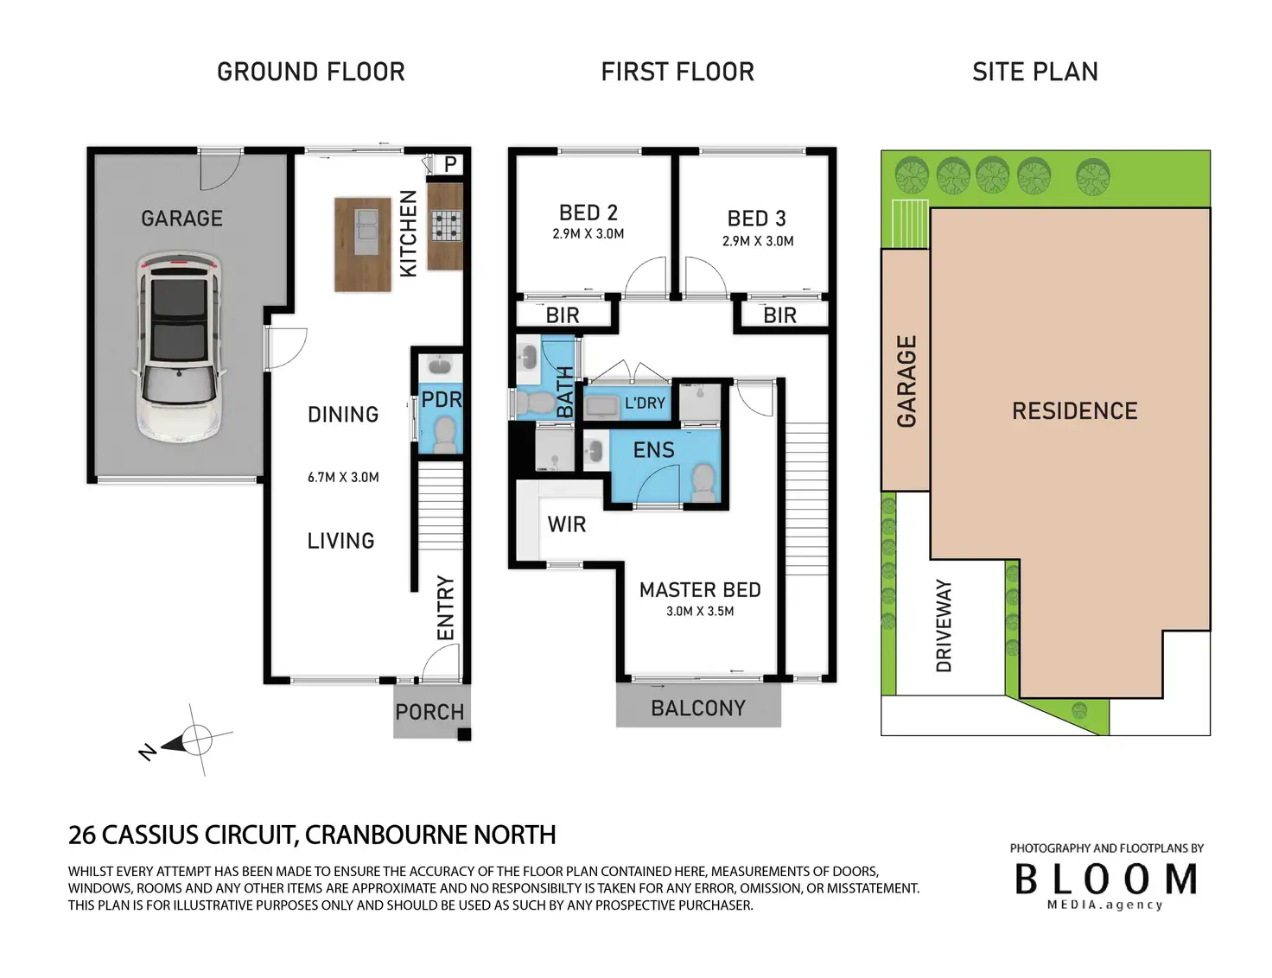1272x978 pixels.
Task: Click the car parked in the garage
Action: coord(179,349)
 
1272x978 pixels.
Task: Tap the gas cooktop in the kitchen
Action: coord(447,225)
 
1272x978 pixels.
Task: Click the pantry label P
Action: coord(450,164)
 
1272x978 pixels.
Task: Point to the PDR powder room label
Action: coord(442,400)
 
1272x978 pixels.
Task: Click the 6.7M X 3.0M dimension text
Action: coord(343,478)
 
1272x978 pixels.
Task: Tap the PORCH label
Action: coord(429,712)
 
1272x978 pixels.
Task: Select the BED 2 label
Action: coord(588,213)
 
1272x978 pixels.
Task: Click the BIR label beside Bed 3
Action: coord(779,316)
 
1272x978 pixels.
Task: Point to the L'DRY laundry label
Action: coord(645,403)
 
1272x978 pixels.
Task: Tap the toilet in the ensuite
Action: coord(703,484)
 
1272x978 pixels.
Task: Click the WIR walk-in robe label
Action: coord(567,524)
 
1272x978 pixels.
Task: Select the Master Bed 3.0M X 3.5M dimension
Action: coord(700,612)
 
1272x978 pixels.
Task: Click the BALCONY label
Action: coord(698,708)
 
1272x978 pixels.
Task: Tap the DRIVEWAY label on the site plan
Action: coord(944,626)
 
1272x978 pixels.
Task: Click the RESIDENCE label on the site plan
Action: coord(1075,411)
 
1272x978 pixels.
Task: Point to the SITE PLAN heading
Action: coord(1035,72)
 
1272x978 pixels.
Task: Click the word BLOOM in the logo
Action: coord(1106,880)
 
